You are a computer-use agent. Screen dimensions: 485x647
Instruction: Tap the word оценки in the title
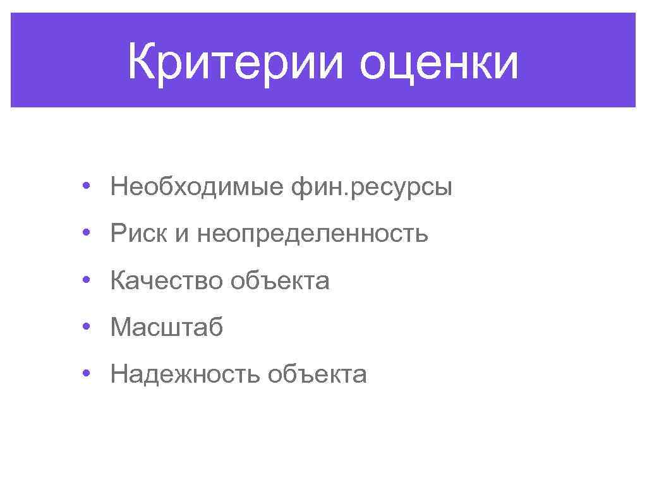(438, 62)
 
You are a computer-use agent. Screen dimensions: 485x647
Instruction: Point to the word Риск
(139, 234)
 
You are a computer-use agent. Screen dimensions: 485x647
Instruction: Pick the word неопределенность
(313, 234)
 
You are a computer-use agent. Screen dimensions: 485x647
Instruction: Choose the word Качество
(166, 280)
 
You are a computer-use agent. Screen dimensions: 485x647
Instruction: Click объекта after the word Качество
(280, 280)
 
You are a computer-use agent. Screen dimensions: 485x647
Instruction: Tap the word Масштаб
(167, 327)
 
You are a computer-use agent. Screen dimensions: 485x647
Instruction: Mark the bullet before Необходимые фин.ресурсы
(85, 186)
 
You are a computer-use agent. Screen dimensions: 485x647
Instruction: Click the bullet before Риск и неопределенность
(85, 233)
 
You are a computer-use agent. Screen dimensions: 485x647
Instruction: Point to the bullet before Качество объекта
(85, 280)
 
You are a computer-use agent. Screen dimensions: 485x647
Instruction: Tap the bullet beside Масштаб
(85, 326)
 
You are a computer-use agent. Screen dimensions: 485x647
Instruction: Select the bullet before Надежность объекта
(85, 373)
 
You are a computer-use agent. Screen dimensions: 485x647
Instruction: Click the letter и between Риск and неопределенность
(182, 235)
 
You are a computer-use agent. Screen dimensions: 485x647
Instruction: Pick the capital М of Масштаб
(121, 327)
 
